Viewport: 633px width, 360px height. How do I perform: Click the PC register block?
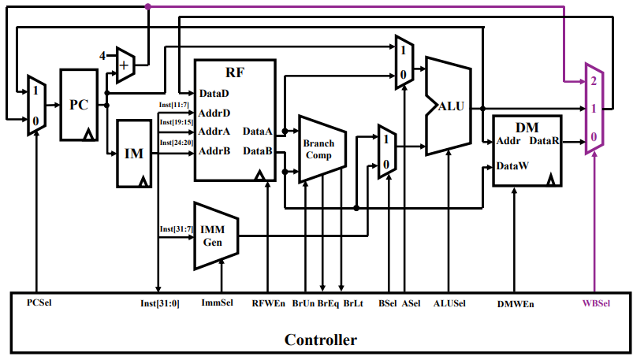pos(80,105)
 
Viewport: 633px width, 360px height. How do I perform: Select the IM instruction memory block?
pos(134,154)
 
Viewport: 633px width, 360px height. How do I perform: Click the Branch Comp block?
pos(319,150)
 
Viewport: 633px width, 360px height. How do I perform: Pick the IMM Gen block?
pos(214,235)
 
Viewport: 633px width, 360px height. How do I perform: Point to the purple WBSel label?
pos(595,302)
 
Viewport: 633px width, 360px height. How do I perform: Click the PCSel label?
pos(39,302)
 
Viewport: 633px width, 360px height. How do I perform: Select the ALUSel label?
pos(449,302)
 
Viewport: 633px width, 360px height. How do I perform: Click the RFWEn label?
pos(269,302)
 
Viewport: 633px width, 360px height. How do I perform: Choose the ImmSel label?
pos(218,302)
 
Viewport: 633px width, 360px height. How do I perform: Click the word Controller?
pos(320,340)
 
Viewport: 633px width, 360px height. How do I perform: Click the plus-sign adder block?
pos(125,65)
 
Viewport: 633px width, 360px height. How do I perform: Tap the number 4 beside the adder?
pos(102,56)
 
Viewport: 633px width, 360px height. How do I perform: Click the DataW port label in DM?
pos(512,166)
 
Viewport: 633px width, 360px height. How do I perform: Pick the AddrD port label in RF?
pos(214,113)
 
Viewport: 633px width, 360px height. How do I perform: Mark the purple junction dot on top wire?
pos(148,6)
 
